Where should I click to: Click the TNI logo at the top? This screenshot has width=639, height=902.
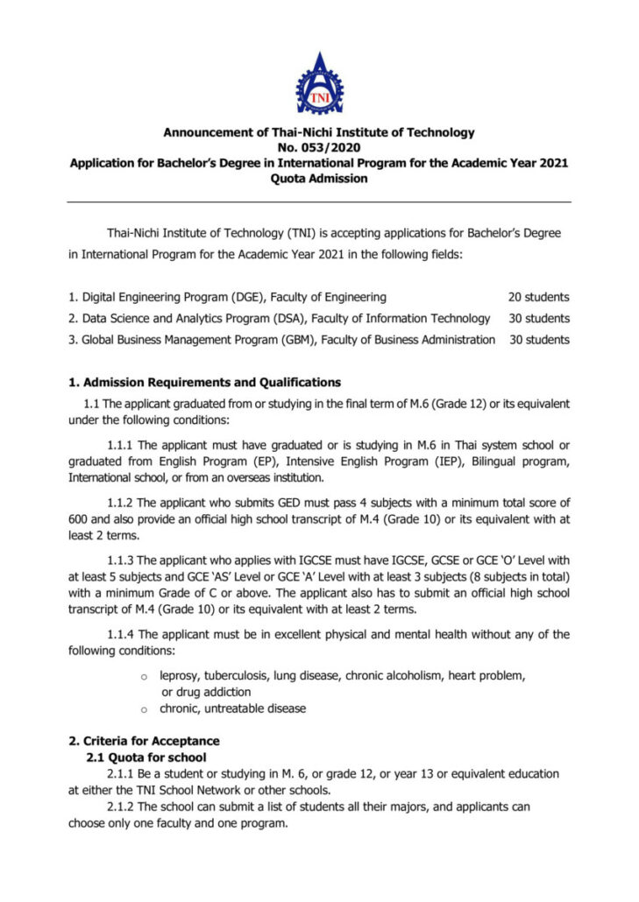[319, 84]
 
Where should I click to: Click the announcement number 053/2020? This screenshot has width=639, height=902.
[336, 148]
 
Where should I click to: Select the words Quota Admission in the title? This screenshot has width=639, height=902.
[319, 179]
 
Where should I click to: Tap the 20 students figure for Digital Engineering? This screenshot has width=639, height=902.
[538, 298]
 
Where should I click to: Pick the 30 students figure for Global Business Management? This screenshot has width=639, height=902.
[538, 340]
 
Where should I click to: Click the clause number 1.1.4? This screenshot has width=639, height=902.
[121, 635]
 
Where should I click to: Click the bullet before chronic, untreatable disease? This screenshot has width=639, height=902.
[145, 708]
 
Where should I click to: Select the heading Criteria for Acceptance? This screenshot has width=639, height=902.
[144, 741]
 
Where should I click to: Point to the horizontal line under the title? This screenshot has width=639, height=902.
[319, 202]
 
